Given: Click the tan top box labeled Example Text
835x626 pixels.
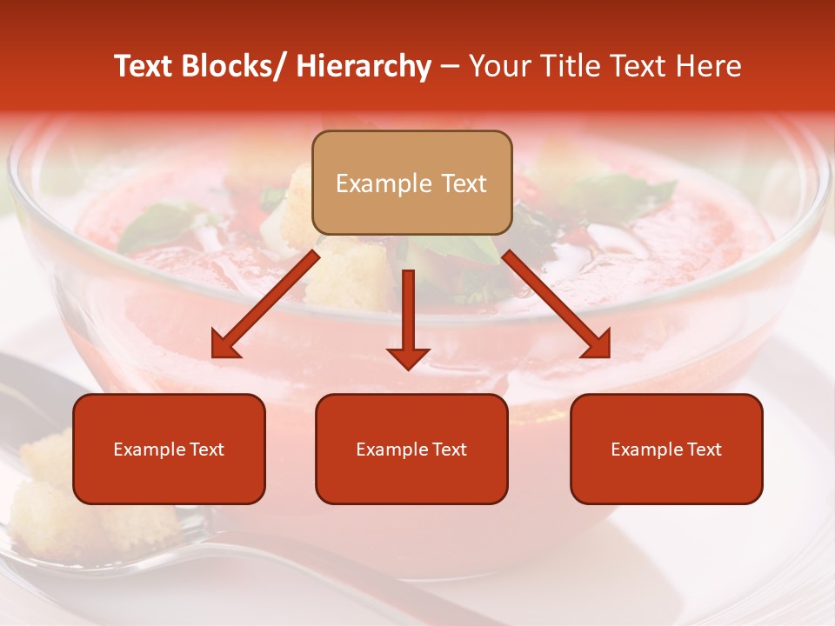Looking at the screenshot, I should [411, 183].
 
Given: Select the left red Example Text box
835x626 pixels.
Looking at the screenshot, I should [169, 449].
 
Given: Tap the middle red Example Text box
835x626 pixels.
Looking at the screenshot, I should [411, 449].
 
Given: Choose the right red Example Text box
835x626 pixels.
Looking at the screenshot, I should [666, 449].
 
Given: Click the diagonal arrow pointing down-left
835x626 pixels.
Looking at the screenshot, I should [265, 304].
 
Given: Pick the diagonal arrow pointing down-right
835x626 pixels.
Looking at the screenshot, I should [557, 304].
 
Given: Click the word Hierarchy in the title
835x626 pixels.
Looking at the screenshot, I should [364, 66].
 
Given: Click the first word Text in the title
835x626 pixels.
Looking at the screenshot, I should [144, 66].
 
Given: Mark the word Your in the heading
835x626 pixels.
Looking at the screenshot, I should [498, 66].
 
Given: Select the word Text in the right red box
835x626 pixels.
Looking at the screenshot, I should [703, 450].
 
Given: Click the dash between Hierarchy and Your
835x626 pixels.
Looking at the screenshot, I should [451, 67].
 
